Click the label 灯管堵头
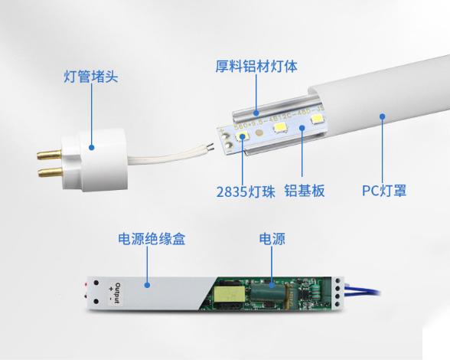pyautogui.click(x=90, y=77)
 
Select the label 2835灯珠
pyautogui.click(x=240, y=190)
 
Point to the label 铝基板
pyautogui.click(x=304, y=190)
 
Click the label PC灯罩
pyautogui.click(x=384, y=190)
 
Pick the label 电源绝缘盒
pyautogui.click(x=152, y=239)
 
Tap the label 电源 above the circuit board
pyautogui.click(x=272, y=239)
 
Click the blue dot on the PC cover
pyautogui.click(x=383, y=116)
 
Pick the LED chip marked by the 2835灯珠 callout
pyautogui.click(x=243, y=137)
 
